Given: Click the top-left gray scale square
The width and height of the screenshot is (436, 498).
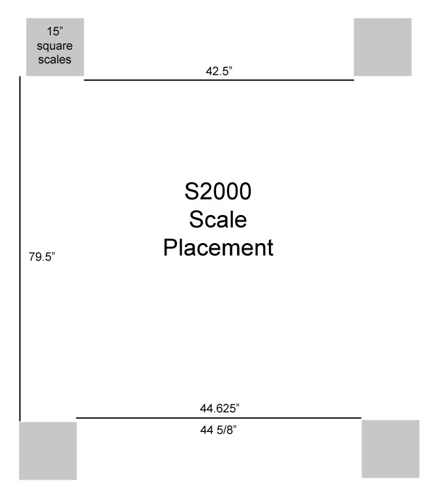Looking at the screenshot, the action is pyautogui.click(x=55, y=47).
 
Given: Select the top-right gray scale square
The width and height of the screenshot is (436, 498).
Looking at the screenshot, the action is pyautogui.click(x=382, y=47).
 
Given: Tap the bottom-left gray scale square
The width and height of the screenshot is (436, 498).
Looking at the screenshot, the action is pyautogui.click(x=48, y=451).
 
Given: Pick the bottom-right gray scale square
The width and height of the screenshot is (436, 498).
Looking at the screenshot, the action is pyautogui.click(x=391, y=449).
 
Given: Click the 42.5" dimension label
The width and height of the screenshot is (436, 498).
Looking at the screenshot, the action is pyautogui.click(x=219, y=71).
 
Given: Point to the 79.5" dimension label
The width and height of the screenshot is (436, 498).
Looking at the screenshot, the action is pyautogui.click(x=42, y=257).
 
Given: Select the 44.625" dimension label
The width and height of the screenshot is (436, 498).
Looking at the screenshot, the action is pyautogui.click(x=219, y=408).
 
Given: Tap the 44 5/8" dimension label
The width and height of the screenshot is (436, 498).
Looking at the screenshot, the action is pyautogui.click(x=219, y=430).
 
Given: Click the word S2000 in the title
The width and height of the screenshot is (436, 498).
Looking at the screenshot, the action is pyautogui.click(x=218, y=191).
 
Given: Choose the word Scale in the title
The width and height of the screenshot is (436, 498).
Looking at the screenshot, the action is pyautogui.click(x=218, y=219).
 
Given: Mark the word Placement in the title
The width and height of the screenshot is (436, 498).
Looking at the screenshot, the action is pyautogui.click(x=218, y=248).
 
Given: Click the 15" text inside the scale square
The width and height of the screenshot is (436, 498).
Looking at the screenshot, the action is pyautogui.click(x=55, y=31).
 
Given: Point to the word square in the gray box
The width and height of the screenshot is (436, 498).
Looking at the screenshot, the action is pyautogui.click(x=55, y=46).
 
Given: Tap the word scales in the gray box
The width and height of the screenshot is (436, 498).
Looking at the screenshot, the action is pyautogui.click(x=55, y=59).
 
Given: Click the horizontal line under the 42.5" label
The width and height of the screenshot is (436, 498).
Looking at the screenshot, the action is pyautogui.click(x=219, y=80).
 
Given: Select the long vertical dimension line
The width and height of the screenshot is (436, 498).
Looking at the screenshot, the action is pyautogui.click(x=20, y=249).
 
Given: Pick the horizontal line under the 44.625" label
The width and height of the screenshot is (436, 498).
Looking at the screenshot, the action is pyautogui.click(x=219, y=418).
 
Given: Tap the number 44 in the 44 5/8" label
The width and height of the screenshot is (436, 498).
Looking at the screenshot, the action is pyautogui.click(x=206, y=430).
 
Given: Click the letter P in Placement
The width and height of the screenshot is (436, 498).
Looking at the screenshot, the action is pyautogui.click(x=170, y=247).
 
